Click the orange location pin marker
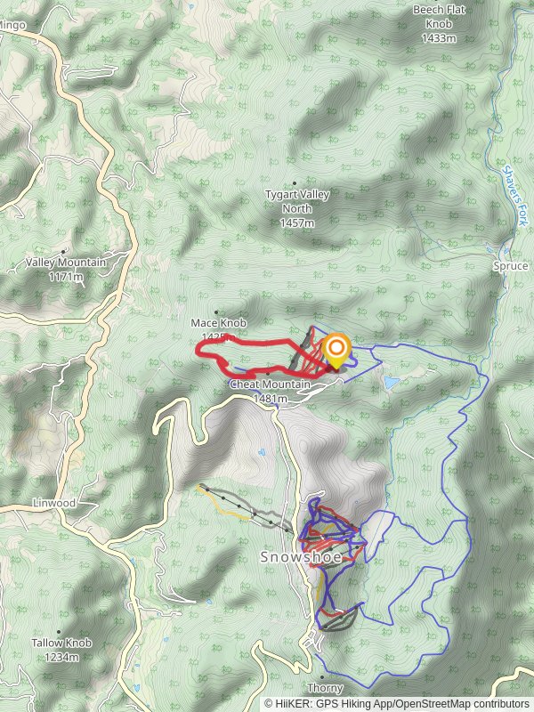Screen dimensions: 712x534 336,350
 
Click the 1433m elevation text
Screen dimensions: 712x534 439,38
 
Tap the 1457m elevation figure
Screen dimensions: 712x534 296,222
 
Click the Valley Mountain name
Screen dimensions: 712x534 66,263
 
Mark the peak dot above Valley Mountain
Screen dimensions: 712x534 62,251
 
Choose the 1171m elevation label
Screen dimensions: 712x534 66,277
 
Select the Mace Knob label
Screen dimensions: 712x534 218,322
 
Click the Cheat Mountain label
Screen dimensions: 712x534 270,384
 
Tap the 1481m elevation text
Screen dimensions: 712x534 270,399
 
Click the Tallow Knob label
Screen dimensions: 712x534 61,643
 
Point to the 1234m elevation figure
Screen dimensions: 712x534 61,657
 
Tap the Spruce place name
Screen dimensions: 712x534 510,266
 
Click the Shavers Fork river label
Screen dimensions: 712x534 515,194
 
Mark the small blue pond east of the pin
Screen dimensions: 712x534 392,382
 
